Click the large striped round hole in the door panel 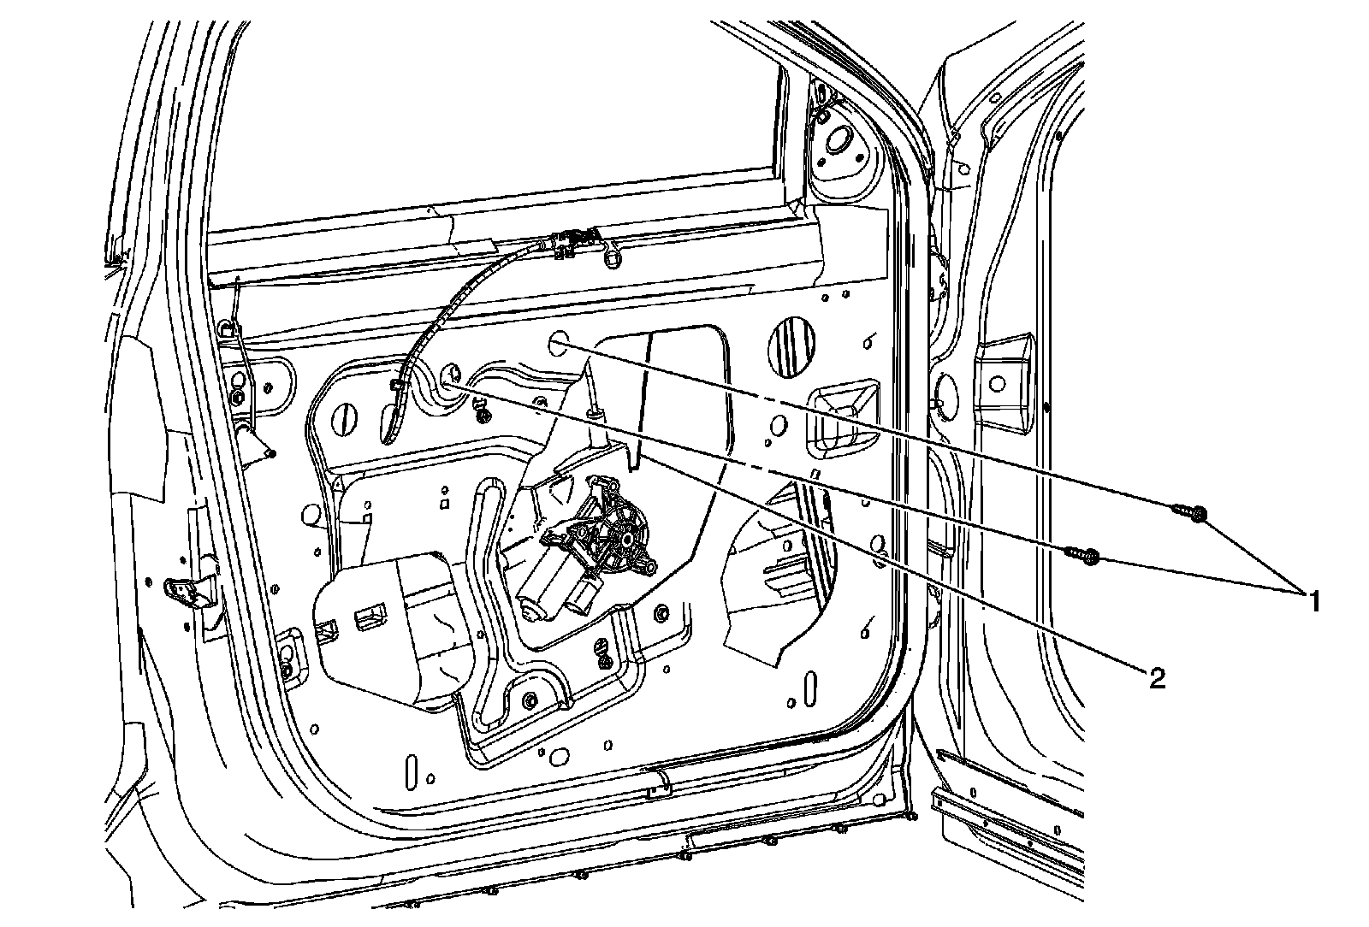(792, 347)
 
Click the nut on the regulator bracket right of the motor (662, 615)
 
